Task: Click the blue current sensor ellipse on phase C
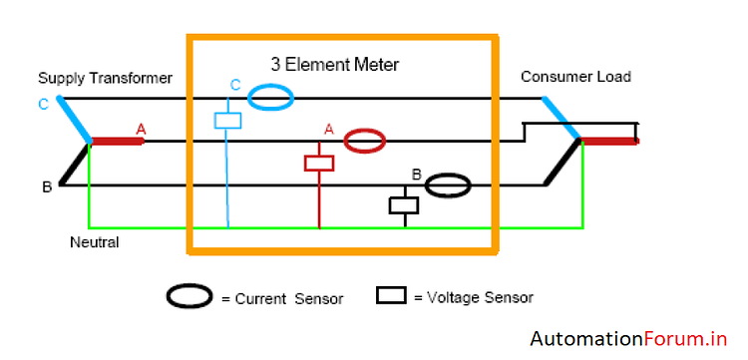pos(271,97)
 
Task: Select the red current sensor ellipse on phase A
pos(365,141)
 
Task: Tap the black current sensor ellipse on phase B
pos(448,185)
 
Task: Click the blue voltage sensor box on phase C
pos(228,121)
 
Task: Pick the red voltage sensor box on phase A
pos(319,163)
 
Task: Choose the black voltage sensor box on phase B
pos(404,205)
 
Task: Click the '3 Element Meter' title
pos(334,65)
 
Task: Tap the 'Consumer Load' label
pos(575,77)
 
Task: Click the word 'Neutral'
pos(95,241)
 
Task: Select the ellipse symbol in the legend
pos(189,296)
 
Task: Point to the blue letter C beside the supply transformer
pos(42,104)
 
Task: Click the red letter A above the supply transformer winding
pos(141,129)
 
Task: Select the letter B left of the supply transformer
pos(46,186)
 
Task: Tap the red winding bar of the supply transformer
pos(118,141)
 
